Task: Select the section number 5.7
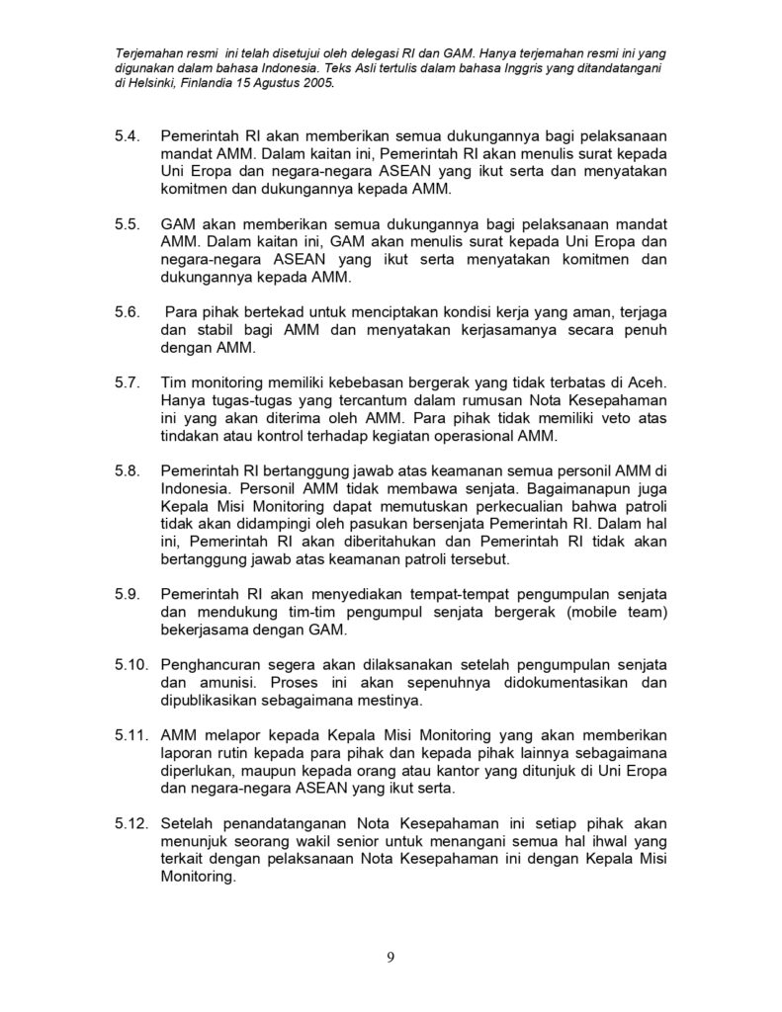pyautogui.click(x=129, y=381)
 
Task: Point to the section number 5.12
pyautogui.click(x=131, y=824)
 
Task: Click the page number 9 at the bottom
pyautogui.click(x=391, y=957)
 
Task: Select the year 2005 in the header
pyautogui.click(x=315, y=85)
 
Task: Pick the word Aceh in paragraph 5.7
pyautogui.click(x=649, y=381)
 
